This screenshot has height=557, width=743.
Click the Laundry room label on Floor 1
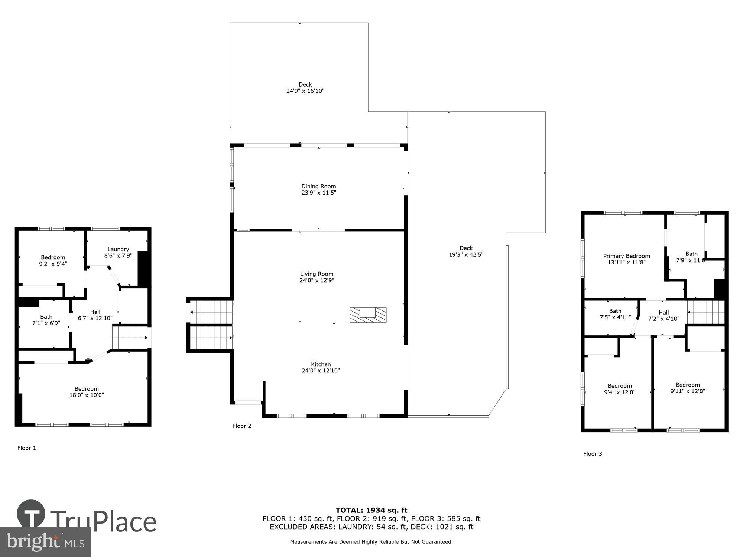click(x=118, y=249)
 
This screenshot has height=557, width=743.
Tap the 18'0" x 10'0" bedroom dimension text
click(x=87, y=395)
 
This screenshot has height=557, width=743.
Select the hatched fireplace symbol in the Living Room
click(x=368, y=315)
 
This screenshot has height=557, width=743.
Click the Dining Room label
click(x=318, y=186)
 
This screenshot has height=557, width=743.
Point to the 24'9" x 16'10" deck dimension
click(x=305, y=91)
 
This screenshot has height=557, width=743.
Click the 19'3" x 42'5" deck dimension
click(x=466, y=254)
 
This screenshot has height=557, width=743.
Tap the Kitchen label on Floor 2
click(x=321, y=364)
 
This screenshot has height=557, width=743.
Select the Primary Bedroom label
click(x=626, y=256)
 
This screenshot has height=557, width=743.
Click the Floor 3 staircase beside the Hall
click(x=705, y=312)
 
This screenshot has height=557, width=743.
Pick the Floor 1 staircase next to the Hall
click(x=130, y=337)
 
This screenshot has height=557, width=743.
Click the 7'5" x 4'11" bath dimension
click(x=615, y=317)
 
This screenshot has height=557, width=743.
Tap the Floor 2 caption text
click(x=241, y=426)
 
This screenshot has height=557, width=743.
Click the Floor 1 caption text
click(x=27, y=448)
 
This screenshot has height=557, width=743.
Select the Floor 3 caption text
click(x=593, y=454)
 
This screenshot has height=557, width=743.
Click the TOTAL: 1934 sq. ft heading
click(x=371, y=510)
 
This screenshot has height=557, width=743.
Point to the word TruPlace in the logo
click(x=103, y=522)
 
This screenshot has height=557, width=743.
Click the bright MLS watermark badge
click(x=45, y=542)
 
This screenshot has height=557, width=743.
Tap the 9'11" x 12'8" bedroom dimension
click(x=687, y=391)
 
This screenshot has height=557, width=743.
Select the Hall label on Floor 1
click(x=95, y=312)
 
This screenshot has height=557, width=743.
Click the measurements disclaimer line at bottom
click(x=371, y=542)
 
